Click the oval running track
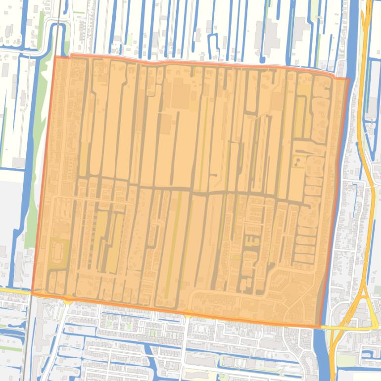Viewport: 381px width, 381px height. [x=57, y=250]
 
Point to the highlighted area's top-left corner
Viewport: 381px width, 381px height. [x=55, y=57]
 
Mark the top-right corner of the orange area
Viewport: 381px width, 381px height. [x=349, y=79]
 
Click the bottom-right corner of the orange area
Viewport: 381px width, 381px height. [x=320, y=327]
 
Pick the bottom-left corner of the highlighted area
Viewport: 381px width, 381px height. [x=32, y=292]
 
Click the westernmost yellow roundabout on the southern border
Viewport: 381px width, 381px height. [x=67, y=299]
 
